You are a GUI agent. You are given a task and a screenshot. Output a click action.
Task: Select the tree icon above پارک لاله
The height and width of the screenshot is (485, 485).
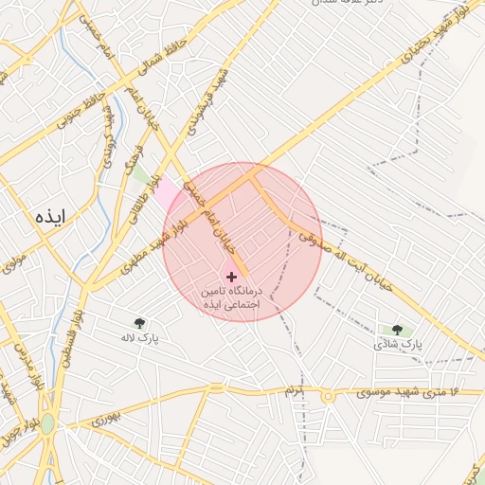click(140, 324)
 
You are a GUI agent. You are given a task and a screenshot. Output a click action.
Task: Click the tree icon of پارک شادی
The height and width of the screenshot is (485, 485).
click(397, 330)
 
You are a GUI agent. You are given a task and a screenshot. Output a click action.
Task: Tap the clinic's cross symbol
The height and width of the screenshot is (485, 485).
click(231, 276)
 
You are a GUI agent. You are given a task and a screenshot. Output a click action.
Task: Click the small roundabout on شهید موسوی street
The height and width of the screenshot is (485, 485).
click(328, 395)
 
